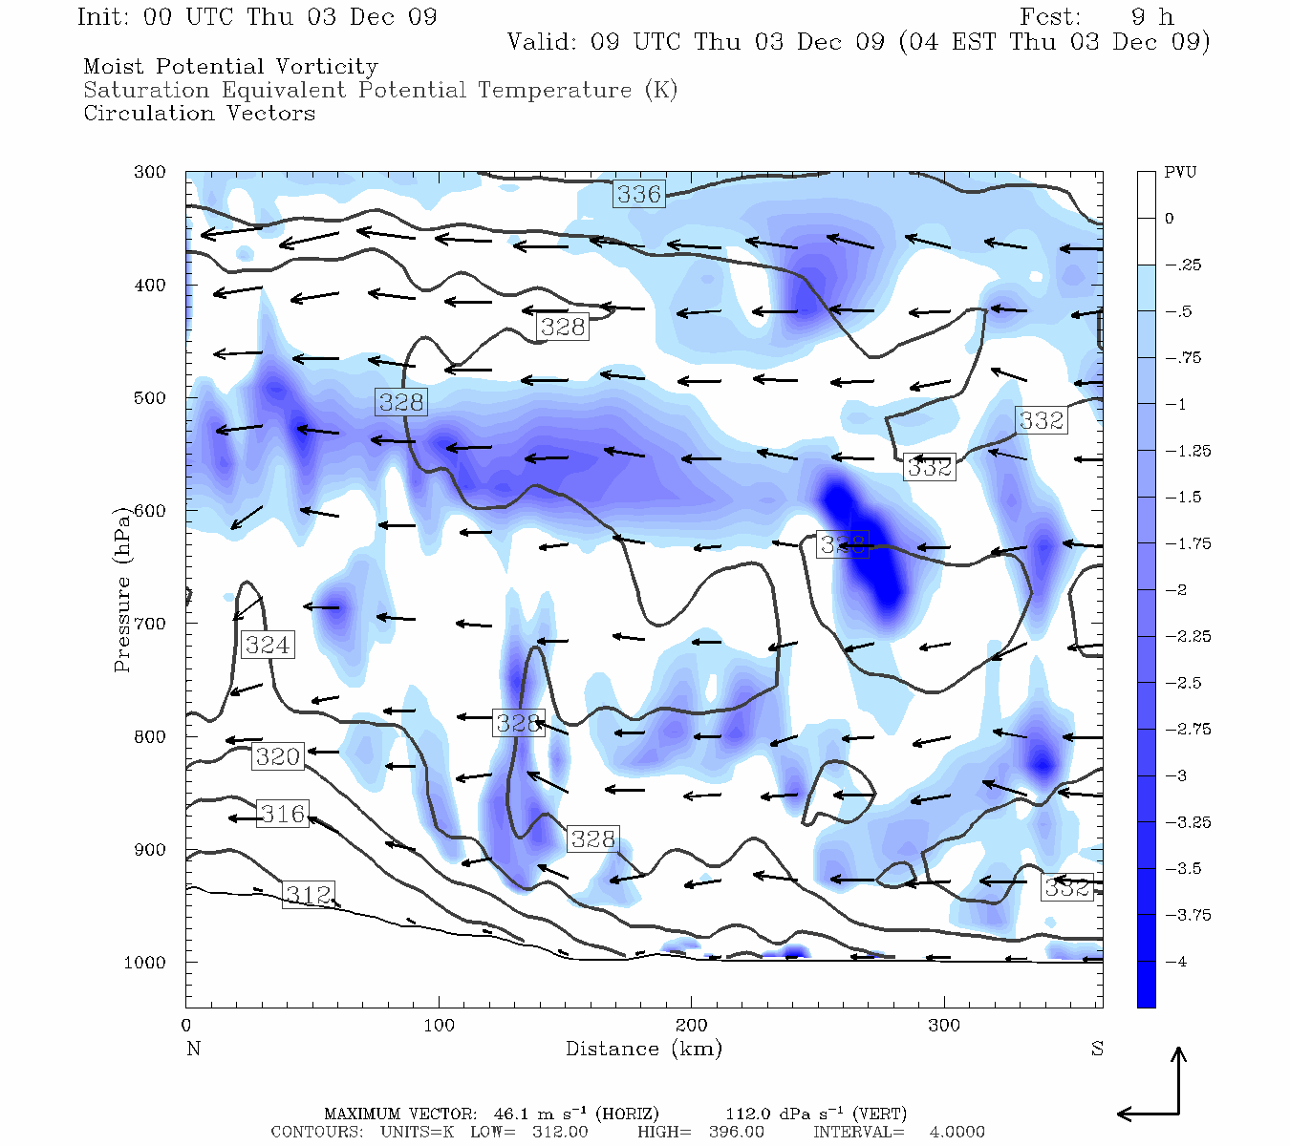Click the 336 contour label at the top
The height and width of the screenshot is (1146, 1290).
[638, 194]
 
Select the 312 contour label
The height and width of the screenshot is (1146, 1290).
[309, 895]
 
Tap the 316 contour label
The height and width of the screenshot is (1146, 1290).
[283, 815]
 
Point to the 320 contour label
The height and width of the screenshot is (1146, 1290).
[278, 757]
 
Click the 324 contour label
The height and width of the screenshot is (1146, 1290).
[268, 645]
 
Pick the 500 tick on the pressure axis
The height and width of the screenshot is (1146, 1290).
[148, 398]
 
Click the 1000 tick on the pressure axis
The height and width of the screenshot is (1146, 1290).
[144, 963]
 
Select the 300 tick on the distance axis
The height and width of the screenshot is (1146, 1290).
[944, 1026]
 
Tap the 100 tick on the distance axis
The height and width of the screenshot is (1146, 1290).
[439, 1026]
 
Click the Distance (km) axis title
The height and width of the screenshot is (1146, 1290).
[644, 1049]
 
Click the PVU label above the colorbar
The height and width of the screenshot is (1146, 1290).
[1180, 173]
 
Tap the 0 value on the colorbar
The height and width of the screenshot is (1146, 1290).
[1170, 219]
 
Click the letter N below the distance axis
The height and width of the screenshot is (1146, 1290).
[193, 1049]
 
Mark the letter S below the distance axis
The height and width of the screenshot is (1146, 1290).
[1097, 1049]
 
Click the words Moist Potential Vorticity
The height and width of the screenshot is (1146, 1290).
[230, 67]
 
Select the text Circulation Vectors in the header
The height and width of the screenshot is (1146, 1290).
[199, 114]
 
